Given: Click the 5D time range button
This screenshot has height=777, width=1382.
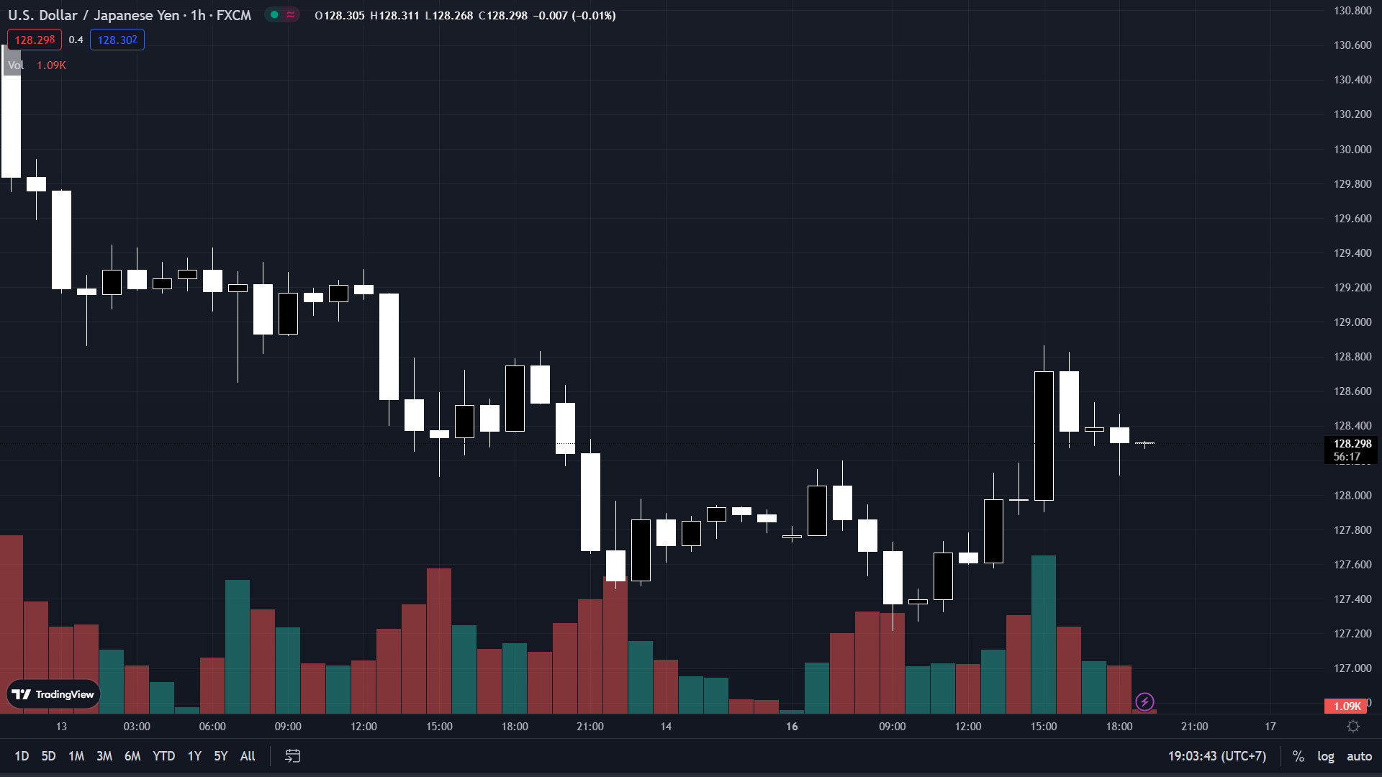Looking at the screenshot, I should (48, 756).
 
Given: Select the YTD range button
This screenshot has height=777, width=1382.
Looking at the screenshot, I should (163, 756).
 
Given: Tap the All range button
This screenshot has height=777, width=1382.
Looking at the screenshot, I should (248, 756).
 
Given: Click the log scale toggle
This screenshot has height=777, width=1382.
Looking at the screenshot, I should (1325, 756).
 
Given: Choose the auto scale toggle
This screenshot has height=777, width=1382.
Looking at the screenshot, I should (1359, 756).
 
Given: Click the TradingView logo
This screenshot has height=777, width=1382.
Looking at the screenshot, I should (53, 694).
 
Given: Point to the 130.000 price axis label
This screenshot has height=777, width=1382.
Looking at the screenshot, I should (1352, 150).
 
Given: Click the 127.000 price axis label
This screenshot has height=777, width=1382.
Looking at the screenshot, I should (1352, 668).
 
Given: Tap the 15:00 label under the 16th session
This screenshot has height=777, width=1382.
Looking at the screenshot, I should (1043, 727).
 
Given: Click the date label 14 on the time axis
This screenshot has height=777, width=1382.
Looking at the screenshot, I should (666, 727).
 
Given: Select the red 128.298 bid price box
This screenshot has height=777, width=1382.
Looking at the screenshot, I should (35, 40).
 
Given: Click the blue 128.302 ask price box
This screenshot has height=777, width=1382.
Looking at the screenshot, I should (117, 40).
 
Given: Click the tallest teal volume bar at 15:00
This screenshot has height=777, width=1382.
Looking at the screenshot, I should (1043, 633).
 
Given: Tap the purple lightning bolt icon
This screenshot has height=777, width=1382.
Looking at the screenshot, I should (1144, 701).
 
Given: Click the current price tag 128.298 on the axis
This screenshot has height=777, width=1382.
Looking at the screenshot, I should (1352, 444).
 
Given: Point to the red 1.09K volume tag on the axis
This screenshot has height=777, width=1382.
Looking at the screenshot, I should (1346, 706).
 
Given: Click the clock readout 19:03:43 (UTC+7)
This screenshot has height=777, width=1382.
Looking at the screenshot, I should (1216, 756).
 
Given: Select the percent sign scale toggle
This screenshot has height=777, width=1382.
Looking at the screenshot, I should (1298, 756).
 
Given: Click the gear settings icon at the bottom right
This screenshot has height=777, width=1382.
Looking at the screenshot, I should (1353, 727).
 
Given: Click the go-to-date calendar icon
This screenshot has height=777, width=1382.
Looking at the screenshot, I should (292, 756).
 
